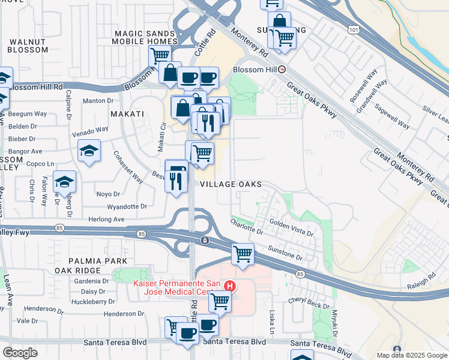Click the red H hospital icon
pyautogui.click(x=229, y=286)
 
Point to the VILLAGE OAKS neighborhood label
pyautogui.click(x=231, y=184)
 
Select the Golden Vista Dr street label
pyautogui.click(x=291, y=227)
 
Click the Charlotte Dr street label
pyautogui.click(x=247, y=226)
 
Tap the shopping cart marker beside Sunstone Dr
pyautogui.click(x=243, y=254)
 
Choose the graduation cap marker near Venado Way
pyautogui.click(x=89, y=151)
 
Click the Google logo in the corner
pyautogui.click(x=20, y=353)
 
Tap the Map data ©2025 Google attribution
pyautogui.click(x=411, y=355)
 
